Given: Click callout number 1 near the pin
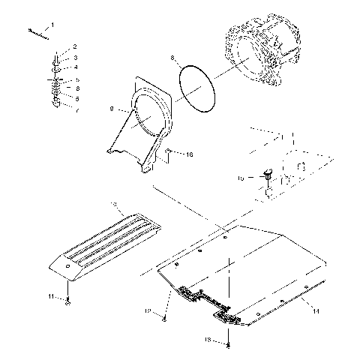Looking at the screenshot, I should point(52,25).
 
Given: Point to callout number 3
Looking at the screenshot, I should point(75,58).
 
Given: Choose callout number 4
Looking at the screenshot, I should point(75,67).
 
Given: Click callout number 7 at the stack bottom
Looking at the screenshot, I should point(75,109).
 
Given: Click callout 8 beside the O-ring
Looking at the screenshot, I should point(172,58).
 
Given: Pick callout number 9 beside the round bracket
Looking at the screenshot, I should point(111,109).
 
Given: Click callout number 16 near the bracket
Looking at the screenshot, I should point(190,154).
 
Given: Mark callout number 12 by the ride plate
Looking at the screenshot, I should point(149,309).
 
